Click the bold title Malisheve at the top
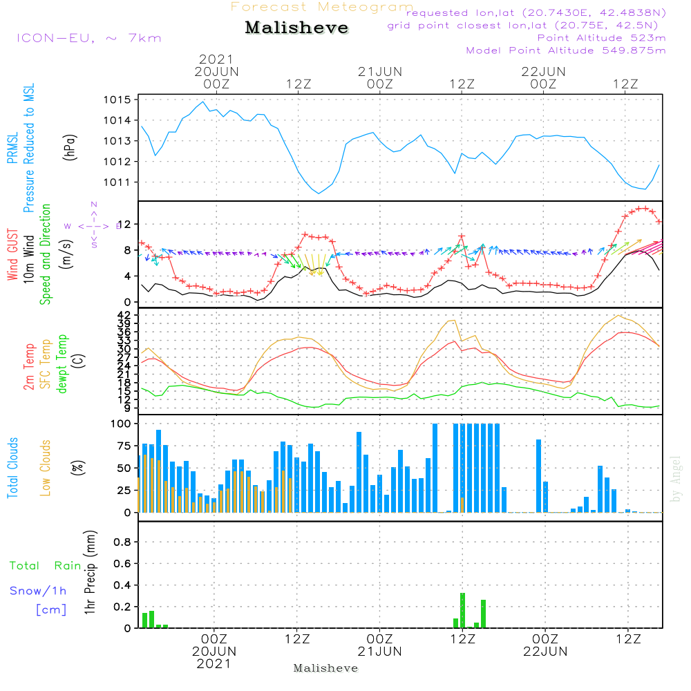(x=297, y=28)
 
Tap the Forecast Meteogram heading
(x=322, y=7)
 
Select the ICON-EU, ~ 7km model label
(x=88, y=38)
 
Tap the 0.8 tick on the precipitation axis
(x=122, y=542)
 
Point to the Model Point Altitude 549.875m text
(x=566, y=50)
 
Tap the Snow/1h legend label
(x=39, y=591)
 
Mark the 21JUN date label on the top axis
(x=379, y=71)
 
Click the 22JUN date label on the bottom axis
(x=545, y=652)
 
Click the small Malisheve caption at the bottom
(x=326, y=668)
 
